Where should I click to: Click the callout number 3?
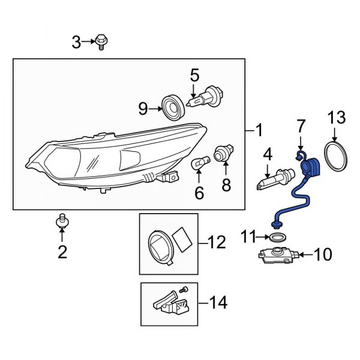76,42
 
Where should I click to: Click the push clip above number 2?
61,221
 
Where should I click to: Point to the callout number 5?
194,76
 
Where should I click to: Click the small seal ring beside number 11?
276,238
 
